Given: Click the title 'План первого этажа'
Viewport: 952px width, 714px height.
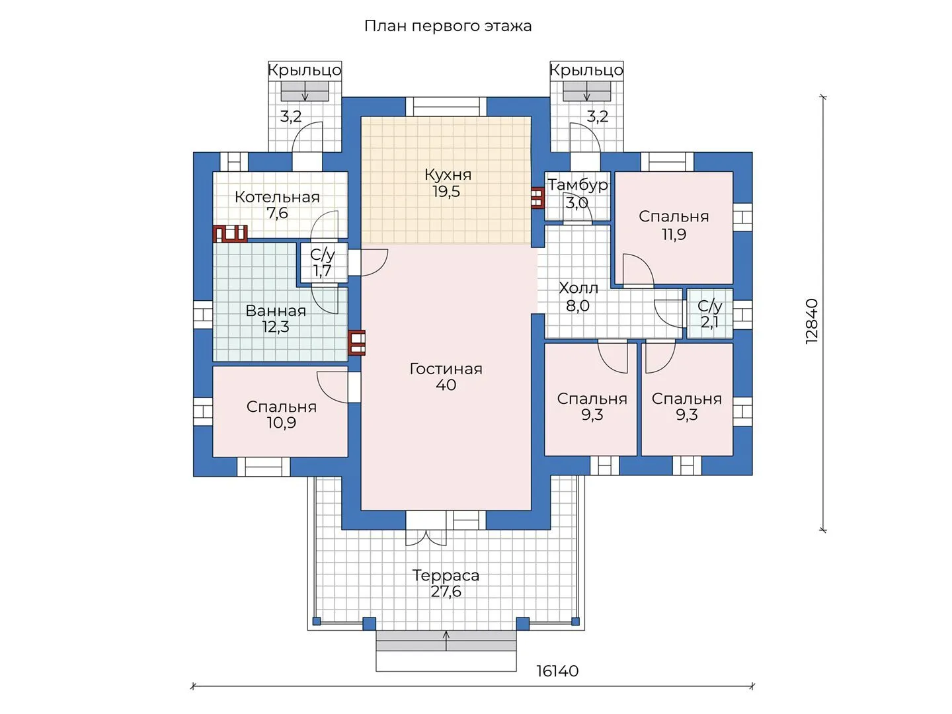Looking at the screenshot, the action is [448, 26].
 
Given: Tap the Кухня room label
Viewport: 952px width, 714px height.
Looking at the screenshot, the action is [448, 175].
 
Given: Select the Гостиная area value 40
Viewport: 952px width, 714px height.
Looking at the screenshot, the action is [446, 385].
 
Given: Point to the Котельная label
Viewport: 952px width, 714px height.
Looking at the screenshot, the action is [277, 197].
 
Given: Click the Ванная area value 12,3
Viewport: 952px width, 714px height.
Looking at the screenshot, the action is [276, 327].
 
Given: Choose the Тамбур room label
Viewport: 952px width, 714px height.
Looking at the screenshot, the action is [577, 185].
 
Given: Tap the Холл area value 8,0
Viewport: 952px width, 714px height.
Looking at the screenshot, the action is [578, 305].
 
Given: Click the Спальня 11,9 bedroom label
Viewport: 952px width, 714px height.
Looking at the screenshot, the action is [674, 225].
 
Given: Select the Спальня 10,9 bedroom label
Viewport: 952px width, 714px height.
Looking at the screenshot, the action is [281, 414].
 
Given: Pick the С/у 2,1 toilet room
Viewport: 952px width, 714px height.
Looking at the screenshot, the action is [710, 314].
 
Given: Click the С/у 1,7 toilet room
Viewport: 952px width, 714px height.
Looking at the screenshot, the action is [323, 262].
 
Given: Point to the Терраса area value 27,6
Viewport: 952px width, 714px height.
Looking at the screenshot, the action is [446, 591].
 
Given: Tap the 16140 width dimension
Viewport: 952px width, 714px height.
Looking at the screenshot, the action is [557, 671].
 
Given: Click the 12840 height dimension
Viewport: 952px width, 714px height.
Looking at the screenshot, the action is [811, 321].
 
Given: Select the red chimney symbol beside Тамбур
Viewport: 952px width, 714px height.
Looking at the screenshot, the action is [537, 198].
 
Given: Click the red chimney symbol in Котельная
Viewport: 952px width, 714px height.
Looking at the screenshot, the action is [230, 233].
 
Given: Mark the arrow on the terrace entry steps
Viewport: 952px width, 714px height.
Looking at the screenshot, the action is [446, 641].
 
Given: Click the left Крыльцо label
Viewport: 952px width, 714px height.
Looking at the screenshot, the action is [305, 70].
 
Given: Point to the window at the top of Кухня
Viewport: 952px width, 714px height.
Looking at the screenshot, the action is [446, 106].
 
